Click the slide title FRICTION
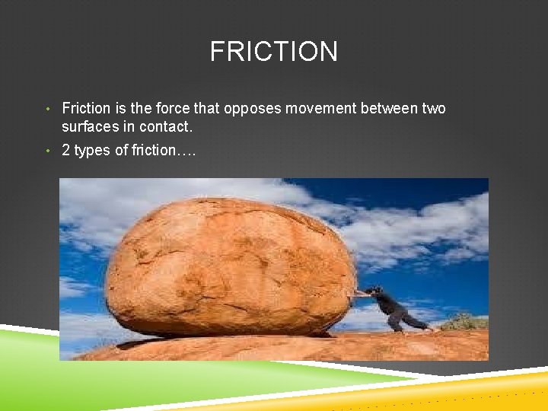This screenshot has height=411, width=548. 274,52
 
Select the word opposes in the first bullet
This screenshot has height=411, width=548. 250,109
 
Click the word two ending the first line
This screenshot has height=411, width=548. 433,109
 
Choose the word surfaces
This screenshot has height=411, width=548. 91,126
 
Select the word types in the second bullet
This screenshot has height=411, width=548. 92,151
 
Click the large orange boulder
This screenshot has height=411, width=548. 228,266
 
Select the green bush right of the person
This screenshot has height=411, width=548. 464,322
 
